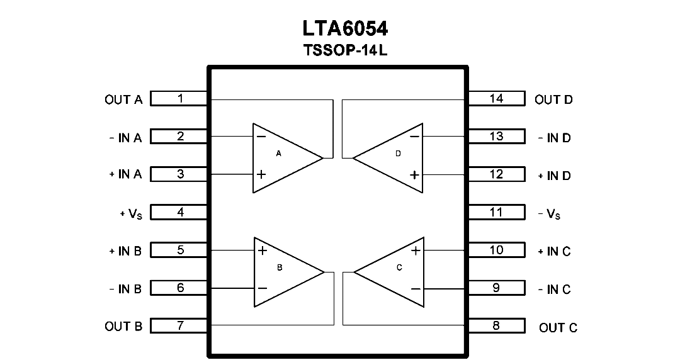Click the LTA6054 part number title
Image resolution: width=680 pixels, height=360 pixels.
345,28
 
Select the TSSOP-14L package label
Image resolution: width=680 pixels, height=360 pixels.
345,50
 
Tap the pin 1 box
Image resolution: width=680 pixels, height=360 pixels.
179,98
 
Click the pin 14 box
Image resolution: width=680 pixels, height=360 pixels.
497,98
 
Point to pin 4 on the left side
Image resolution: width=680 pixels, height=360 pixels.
179,212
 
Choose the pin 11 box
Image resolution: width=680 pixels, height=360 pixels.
497,212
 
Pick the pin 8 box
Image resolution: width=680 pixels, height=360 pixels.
497,326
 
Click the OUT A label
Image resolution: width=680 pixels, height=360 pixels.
123,99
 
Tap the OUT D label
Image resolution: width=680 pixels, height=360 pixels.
554,99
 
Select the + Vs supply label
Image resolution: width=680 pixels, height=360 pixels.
131,213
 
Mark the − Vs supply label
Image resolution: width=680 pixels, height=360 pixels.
549,213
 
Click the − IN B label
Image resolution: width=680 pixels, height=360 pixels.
125,289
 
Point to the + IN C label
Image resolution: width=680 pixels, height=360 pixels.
554,251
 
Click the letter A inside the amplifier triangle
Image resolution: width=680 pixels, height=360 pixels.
278,154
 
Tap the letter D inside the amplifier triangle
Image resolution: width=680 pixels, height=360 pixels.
398,154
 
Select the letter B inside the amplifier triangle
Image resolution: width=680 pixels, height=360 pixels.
280,267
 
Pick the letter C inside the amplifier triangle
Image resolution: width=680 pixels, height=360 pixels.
399,267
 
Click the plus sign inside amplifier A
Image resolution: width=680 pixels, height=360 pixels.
261,174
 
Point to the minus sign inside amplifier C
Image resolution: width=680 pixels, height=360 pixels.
416,288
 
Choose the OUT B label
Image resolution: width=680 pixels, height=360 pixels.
123,326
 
